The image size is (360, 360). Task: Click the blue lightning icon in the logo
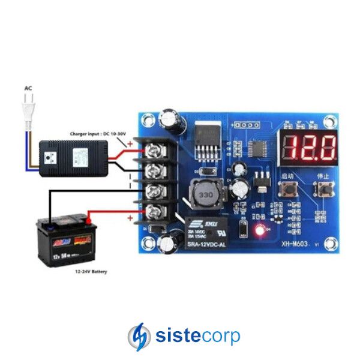click(139, 336)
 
